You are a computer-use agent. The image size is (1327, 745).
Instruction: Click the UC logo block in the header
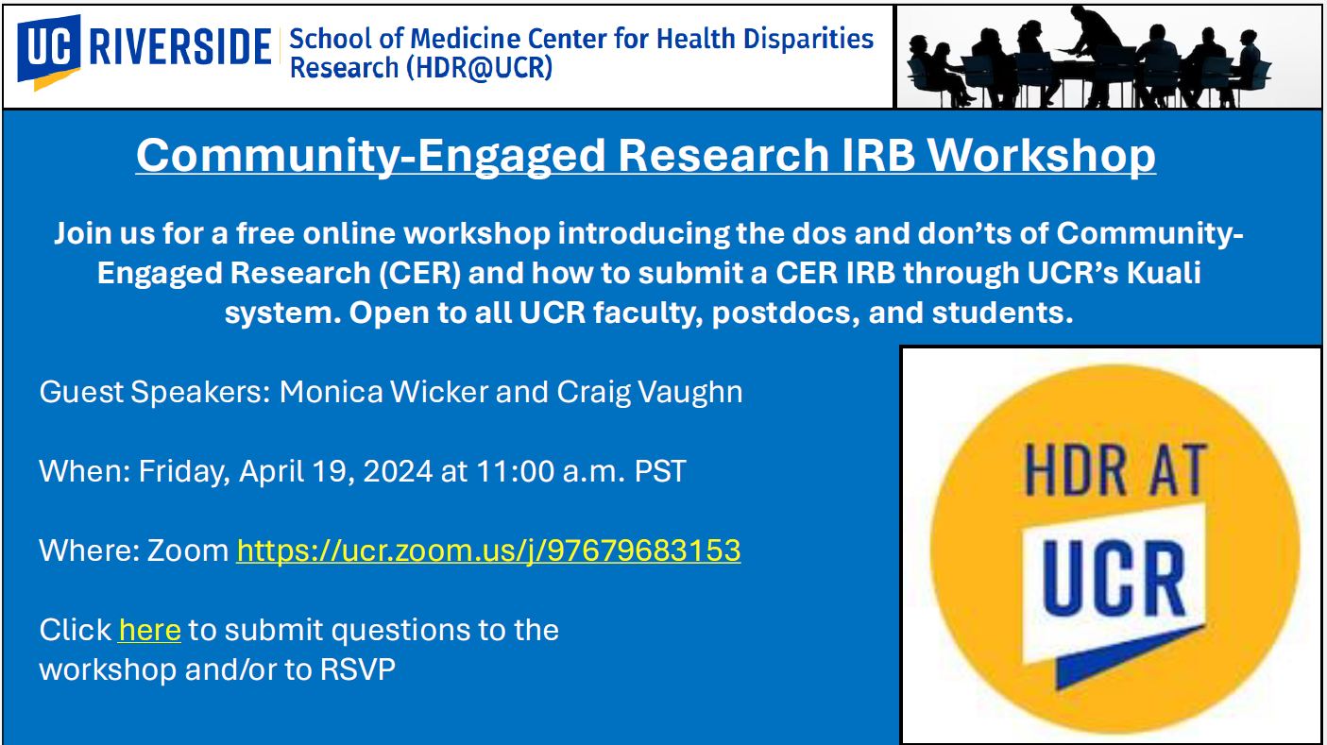(x=48, y=50)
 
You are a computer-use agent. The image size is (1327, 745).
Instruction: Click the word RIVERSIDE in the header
(x=180, y=47)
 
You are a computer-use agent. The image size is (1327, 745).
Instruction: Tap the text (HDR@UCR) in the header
(x=479, y=67)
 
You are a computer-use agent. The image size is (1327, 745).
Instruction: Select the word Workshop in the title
(x=1041, y=156)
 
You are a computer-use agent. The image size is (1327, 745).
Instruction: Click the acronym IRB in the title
(x=878, y=155)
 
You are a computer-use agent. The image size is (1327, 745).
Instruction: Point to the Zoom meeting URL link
(x=488, y=550)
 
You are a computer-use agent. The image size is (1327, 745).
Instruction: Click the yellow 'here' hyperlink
(x=150, y=630)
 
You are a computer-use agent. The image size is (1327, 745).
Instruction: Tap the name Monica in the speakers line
(x=332, y=392)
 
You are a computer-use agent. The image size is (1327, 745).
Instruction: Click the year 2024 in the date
(x=398, y=472)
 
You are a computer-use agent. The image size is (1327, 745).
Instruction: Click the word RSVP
(x=358, y=669)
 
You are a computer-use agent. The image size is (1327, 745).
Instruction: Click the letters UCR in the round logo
(x=1114, y=578)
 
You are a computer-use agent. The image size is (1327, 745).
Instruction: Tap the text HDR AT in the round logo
(x=1116, y=470)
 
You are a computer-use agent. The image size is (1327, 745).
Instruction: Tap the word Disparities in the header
(x=808, y=39)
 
